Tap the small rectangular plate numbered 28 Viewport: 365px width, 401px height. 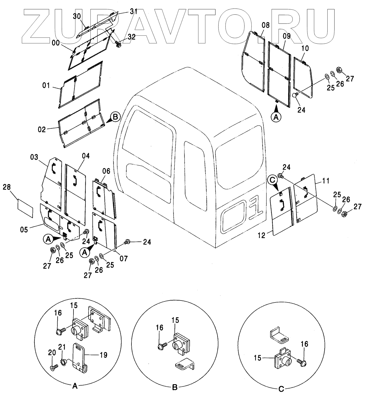[x=25, y=208]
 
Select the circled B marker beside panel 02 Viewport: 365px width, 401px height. [x=115, y=117]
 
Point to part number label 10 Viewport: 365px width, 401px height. [x=305, y=48]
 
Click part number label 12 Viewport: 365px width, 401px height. [x=262, y=235]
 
